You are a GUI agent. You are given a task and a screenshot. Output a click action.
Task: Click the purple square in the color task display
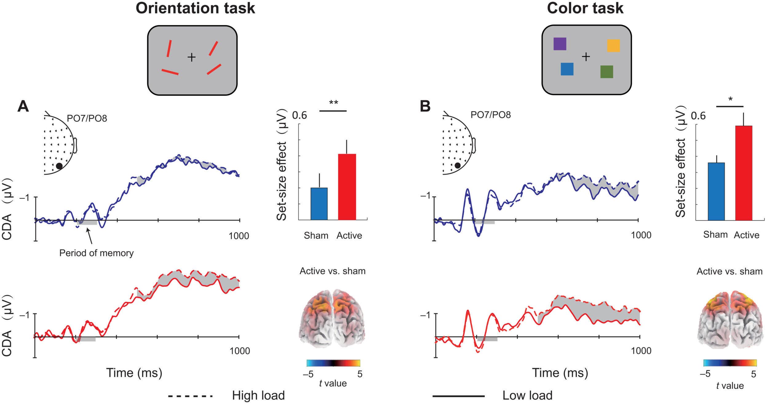[x=560, y=44]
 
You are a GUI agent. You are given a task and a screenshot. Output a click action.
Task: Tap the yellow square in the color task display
[x=613, y=45]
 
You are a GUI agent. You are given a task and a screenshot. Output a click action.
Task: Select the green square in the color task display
[x=606, y=72]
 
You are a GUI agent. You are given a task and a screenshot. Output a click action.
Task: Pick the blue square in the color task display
[x=567, y=69]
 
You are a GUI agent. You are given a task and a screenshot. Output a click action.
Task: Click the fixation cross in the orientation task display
[x=192, y=57]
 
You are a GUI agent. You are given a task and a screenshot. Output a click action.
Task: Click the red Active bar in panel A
[x=347, y=187]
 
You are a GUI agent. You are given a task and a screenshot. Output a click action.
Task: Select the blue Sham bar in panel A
[x=319, y=204]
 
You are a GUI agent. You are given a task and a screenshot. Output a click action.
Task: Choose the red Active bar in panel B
[x=744, y=173]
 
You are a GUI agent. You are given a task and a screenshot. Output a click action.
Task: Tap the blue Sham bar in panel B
[x=716, y=191]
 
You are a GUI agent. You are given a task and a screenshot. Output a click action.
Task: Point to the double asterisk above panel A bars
[x=333, y=103]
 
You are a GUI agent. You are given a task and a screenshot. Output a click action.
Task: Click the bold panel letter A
[x=23, y=106]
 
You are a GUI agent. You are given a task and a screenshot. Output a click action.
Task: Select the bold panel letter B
[x=425, y=106]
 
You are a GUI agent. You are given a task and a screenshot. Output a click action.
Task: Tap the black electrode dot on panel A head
[x=59, y=166]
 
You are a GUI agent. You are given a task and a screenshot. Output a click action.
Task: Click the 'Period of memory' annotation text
[x=96, y=253]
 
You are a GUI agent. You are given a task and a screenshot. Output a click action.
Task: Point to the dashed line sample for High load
[x=190, y=396]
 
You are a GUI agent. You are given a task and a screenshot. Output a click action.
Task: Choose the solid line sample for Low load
[x=458, y=396]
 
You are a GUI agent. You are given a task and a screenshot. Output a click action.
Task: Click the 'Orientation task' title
[x=195, y=8]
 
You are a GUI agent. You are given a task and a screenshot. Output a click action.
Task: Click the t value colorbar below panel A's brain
[x=333, y=363]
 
